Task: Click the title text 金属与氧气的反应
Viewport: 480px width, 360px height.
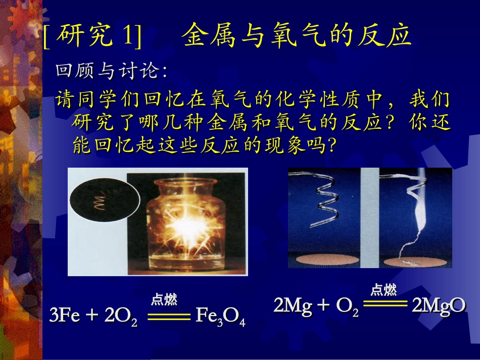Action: [x=297, y=36]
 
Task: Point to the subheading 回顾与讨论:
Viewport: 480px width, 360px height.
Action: [x=111, y=72]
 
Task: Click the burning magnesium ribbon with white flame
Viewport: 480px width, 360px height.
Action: [x=414, y=212]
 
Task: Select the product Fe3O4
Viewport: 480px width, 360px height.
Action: [x=220, y=317]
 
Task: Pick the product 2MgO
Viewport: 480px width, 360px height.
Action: [x=438, y=306]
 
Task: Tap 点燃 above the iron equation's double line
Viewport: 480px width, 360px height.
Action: [x=164, y=300]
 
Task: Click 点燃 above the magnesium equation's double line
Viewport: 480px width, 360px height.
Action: [x=383, y=290]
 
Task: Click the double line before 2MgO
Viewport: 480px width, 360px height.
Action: [x=385, y=304]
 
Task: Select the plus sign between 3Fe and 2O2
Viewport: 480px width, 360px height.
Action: [x=92, y=316]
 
